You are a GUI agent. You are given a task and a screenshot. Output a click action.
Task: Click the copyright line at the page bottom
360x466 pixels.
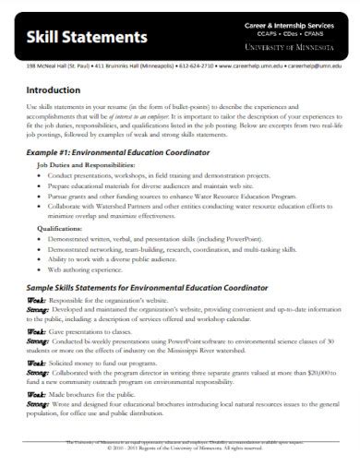click(180, 449)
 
